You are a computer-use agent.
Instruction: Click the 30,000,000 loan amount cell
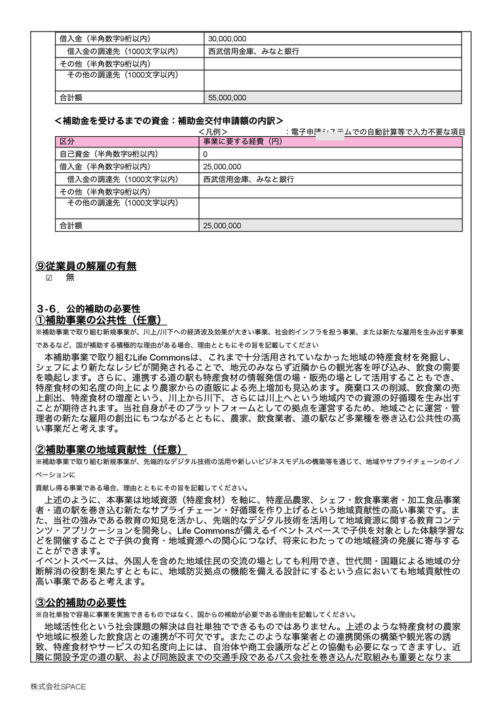[227, 39]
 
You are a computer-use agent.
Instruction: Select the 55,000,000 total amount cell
[227, 98]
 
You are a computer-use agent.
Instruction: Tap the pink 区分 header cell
[67, 142]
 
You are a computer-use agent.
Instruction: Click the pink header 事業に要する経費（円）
[242, 142]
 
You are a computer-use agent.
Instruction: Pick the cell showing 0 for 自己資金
[206, 155]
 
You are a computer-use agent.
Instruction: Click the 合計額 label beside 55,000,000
[71, 98]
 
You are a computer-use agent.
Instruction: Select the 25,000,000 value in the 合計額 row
[222, 226]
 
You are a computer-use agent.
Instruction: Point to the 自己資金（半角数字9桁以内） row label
[109, 155]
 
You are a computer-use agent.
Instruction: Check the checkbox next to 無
[48, 278]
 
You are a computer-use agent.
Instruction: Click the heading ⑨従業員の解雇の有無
[86, 266]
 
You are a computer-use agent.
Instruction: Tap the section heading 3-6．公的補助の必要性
[88, 308]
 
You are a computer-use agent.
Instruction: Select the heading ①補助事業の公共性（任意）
[100, 320]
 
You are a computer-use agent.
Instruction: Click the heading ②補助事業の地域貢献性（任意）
[111, 450]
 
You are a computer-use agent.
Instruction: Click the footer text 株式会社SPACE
[58, 686]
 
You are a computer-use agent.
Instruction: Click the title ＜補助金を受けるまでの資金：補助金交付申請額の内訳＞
[169, 121]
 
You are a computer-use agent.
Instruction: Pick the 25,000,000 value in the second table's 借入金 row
[222, 167]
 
